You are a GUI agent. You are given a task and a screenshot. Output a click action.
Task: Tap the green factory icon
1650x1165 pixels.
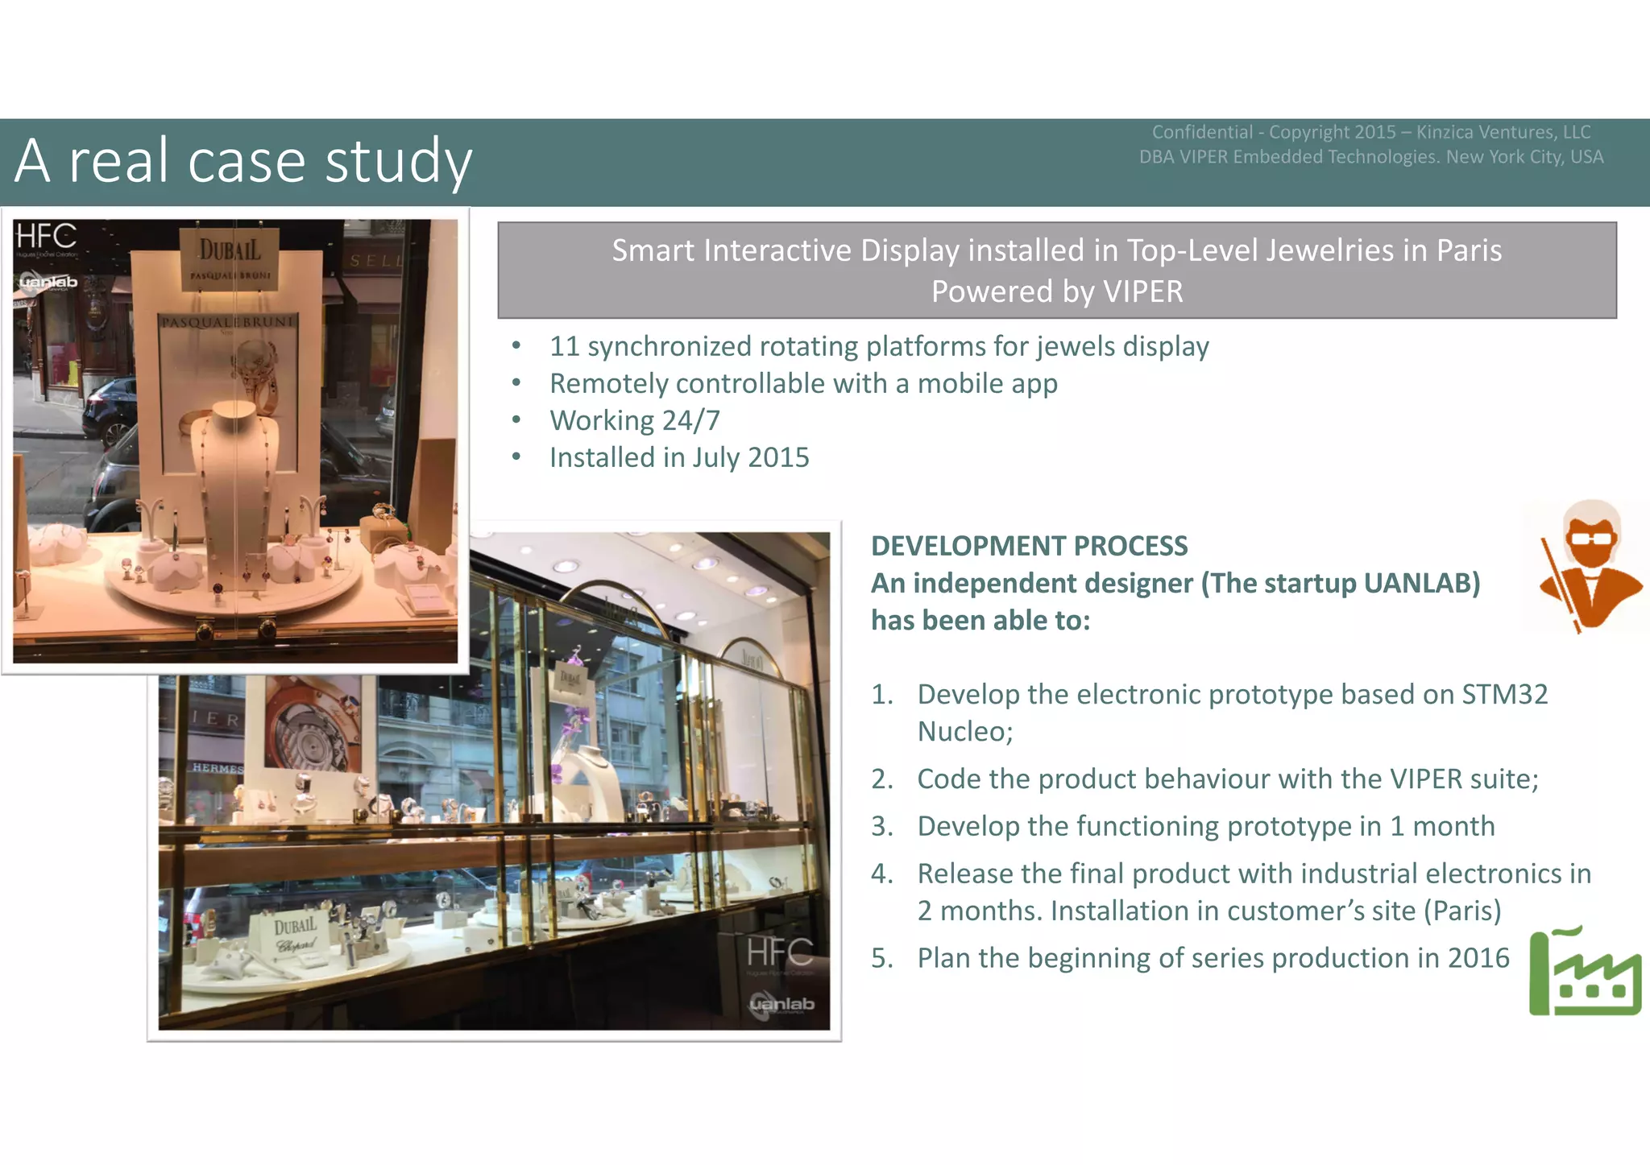point(1584,973)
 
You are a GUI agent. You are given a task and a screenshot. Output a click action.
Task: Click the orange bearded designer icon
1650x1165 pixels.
point(1590,564)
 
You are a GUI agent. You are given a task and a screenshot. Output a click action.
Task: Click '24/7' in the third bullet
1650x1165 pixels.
point(690,420)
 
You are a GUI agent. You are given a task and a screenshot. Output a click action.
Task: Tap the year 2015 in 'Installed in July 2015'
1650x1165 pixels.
point(778,457)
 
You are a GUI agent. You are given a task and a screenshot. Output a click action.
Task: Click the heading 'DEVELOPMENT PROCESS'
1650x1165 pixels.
point(1029,546)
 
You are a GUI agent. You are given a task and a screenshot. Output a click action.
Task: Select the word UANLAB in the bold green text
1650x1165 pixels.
point(1420,583)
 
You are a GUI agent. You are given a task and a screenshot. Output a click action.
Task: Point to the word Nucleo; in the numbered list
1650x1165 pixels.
point(964,731)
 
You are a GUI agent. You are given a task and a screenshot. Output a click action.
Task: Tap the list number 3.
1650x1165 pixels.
point(881,826)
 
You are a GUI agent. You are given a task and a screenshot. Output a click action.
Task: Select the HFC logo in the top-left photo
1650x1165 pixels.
point(46,237)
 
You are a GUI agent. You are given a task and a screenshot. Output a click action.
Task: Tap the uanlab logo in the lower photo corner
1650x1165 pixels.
point(781,1005)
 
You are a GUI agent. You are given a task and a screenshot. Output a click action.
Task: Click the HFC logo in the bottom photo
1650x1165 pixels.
point(779,953)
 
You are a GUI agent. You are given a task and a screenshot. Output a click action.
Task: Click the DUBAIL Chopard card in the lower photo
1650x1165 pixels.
point(295,936)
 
